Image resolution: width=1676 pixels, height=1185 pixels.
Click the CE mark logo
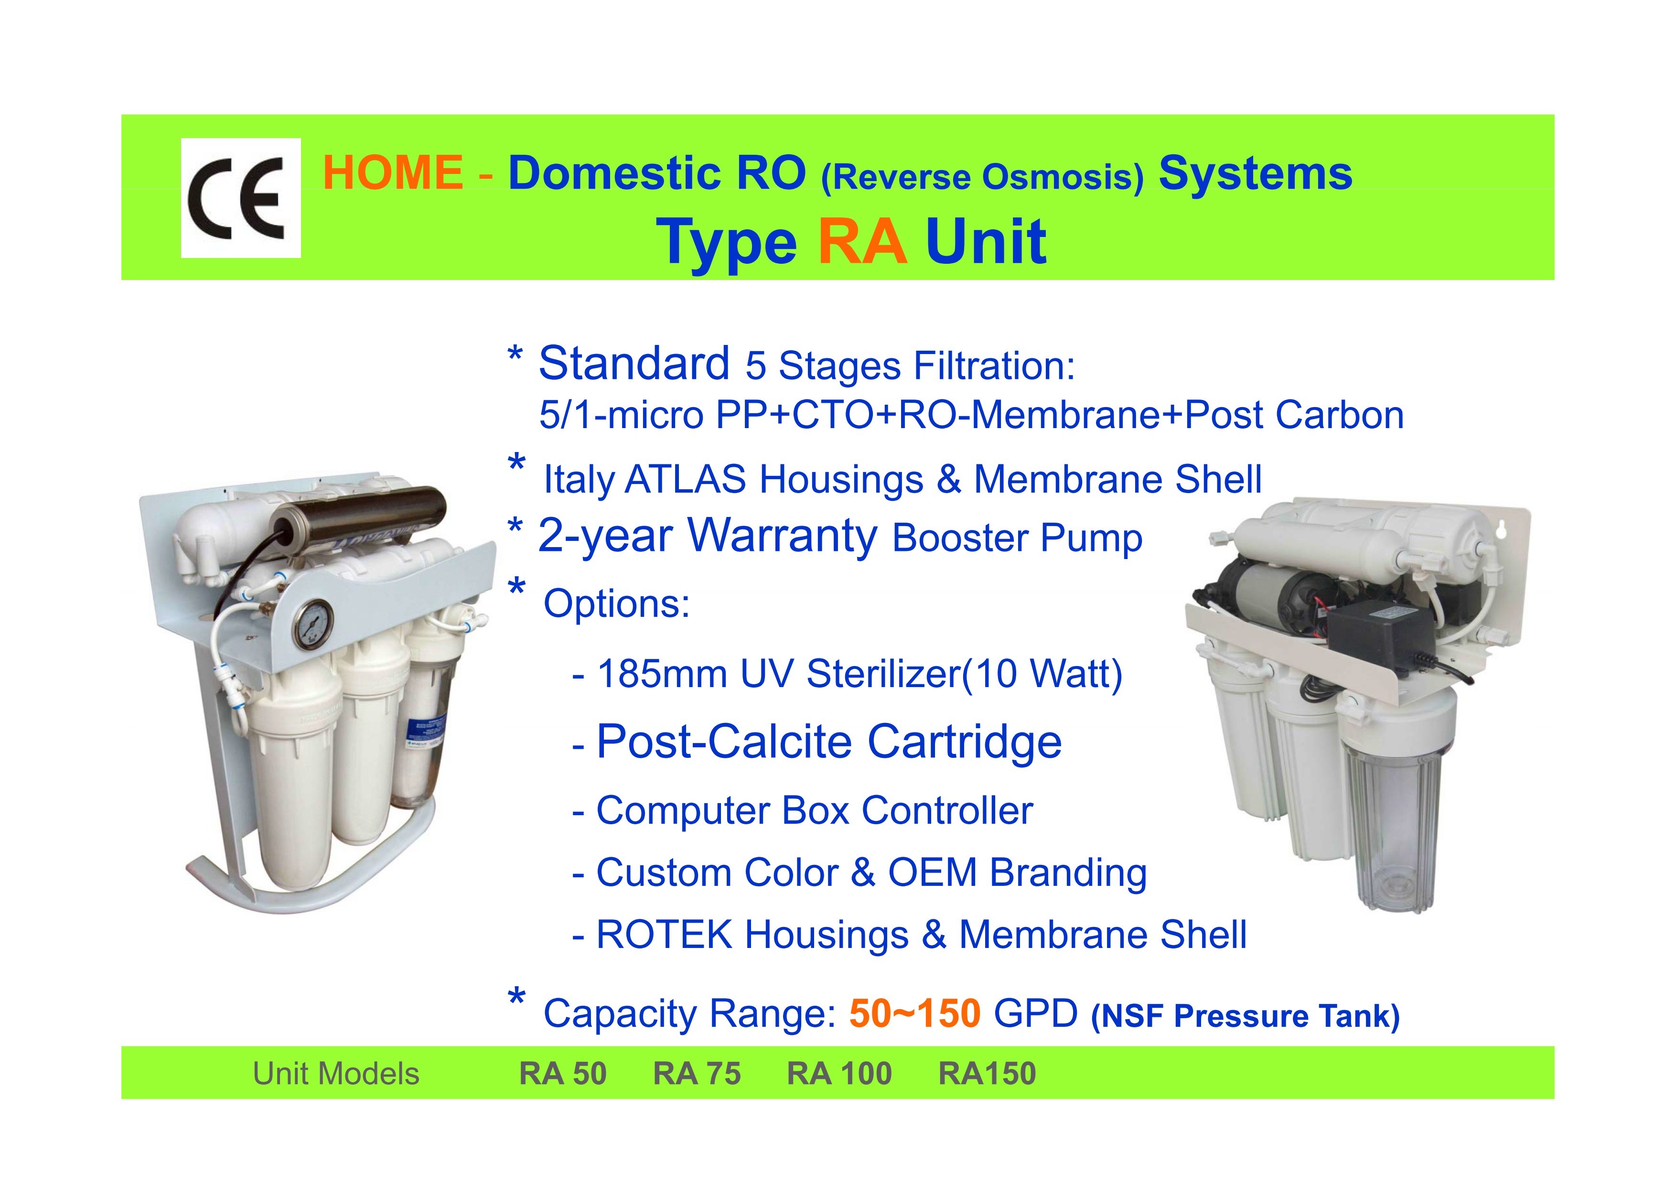pyautogui.click(x=240, y=198)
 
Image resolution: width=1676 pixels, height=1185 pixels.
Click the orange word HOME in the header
pyautogui.click(x=393, y=172)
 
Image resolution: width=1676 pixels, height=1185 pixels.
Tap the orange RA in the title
pyautogui.click(x=862, y=242)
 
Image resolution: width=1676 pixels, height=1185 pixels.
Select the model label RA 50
pyautogui.click(x=563, y=1073)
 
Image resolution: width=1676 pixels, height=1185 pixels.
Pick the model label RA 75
pyautogui.click(x=697, y=1073)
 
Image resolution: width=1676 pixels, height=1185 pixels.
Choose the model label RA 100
pyautogui.click(x=839, y=1073)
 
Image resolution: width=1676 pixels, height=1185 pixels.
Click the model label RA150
pyautogui.click(x=987, y=1073)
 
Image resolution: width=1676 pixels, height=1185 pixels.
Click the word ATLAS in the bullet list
pyautogui.click(x=686, y=480)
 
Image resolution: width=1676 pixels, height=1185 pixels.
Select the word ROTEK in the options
pyautogui.click(x=664, y=935)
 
